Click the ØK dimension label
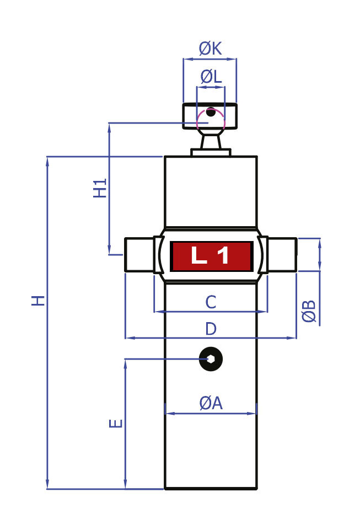[x=210, y=49]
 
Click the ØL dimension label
[x=211, y=77]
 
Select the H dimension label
[x=37, y=301]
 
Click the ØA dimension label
[x=211, y=403]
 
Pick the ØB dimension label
[x=309, y=312]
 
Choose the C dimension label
[x=211, y=302]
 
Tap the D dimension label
[x=211, y=329]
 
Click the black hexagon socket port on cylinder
[x=211, y=359]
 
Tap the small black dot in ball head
[x=211, y=112]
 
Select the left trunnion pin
[x=139, y=255]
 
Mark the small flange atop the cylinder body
[x=211, y=152]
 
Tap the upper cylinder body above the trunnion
[x=211, y=191]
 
